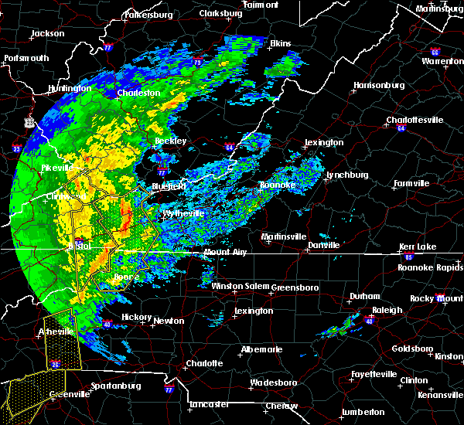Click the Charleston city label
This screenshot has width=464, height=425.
point(139,93)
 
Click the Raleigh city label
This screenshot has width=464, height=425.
point(387,310)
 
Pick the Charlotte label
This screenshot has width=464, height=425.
point(204,363)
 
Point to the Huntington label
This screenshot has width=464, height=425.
point(69,88)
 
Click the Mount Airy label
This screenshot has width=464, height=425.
point(226,253)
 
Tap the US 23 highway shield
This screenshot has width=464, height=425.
point(29,122)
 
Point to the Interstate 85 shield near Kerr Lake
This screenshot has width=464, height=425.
point(409,255)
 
